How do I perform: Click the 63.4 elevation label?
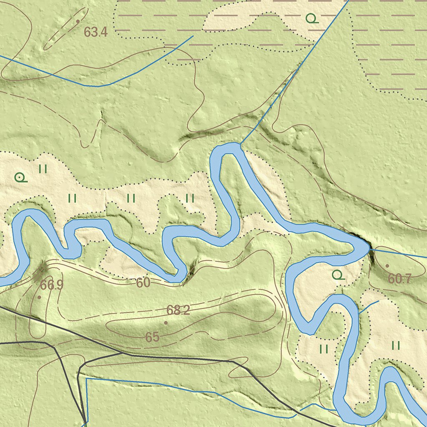pos(95,32)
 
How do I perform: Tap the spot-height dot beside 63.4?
pos(78,21)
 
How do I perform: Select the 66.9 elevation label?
pos(52,285)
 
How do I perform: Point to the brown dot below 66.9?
pos(39,297)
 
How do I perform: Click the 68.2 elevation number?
pos(178,310)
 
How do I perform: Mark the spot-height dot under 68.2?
pos(166,322)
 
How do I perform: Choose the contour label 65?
pos(152,337)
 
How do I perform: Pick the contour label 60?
pos(143,283)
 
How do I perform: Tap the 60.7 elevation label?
pos(400,279)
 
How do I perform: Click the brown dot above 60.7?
pos(387,266)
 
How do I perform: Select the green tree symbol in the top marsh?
pos(311,18)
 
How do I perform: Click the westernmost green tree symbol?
pos(20,178)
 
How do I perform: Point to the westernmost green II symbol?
pos(43,169)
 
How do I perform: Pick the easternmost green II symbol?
pos(396,345)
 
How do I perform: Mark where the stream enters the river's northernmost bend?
pos(241,144)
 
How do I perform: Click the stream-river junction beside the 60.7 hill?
pos(369,249)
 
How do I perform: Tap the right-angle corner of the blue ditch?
pos(86,379)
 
